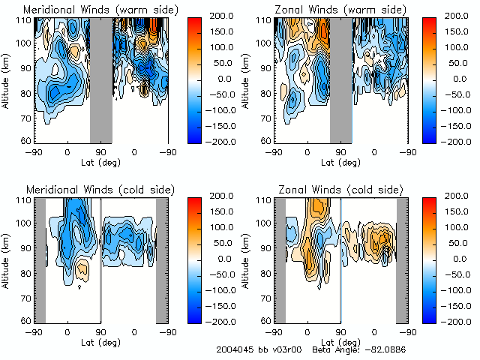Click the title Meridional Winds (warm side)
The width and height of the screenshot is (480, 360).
click(91, 10)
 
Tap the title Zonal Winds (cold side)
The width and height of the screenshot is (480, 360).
click(331, 190)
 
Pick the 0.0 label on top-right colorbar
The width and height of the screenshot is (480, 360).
click(448, 78)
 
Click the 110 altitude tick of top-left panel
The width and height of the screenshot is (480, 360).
click(25, 19)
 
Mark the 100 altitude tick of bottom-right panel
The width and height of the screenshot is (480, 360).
click(265, 224)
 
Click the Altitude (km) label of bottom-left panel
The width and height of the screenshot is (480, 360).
click(8, 259)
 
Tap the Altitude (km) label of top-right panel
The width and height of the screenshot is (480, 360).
click(248, 79)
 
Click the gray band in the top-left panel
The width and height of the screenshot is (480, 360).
click(101, 79)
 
